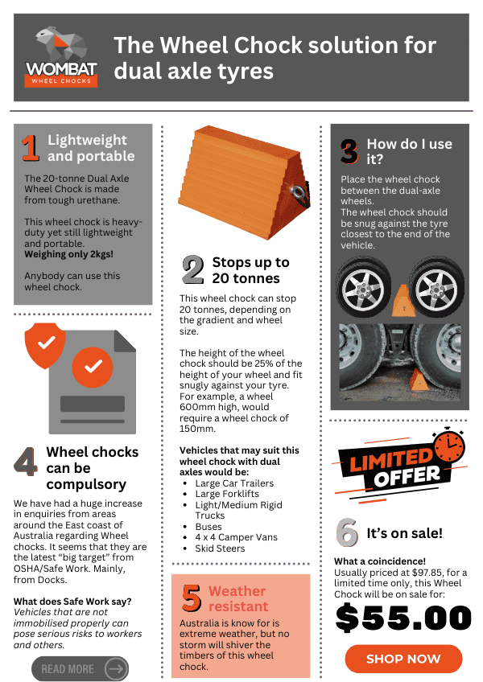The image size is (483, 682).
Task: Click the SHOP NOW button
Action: [403, 659]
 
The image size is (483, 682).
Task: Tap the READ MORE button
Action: [80, 668]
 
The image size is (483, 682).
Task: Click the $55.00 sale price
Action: [403, 618]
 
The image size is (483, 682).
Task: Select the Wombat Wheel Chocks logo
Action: [61, 56]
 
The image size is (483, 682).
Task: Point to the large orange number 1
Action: [30, 148]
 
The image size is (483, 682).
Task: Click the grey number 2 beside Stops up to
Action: [193, 269]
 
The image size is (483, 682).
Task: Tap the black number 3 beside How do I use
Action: [349, 151]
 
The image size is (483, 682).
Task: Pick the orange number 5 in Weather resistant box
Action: [192, 598]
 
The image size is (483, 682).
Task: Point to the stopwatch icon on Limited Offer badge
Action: [449, 446]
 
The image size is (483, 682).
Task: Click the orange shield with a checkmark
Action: [45, 345]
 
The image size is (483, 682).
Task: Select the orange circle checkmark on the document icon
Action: [93, 367]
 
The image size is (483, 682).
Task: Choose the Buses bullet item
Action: [208, 526]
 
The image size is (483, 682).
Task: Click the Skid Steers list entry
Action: [220, 548]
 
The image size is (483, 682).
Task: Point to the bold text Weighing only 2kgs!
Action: [68, 254]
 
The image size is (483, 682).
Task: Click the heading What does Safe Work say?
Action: [72, 602]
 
